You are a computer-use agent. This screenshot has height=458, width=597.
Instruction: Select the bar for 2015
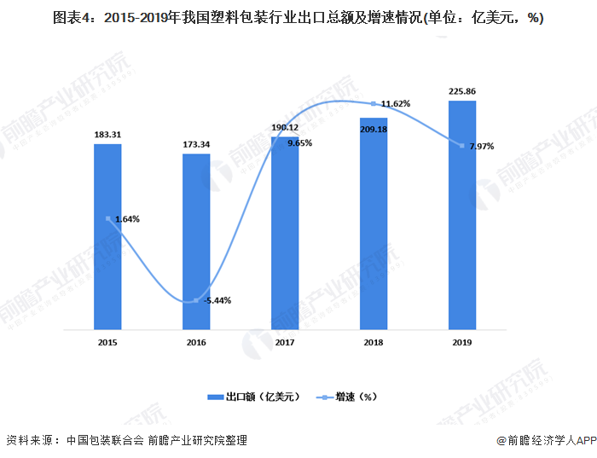click(107, 236)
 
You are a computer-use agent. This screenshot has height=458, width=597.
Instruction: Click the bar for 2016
click(196, 241)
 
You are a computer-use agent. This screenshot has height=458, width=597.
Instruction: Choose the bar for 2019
click(462, 214)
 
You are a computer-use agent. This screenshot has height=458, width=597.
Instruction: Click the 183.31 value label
click(107, 135)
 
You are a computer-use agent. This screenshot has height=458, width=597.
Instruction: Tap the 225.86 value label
click(462, 90)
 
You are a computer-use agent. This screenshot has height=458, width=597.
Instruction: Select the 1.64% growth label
click(125, 219)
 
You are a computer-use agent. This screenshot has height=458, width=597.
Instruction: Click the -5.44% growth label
click(217, 300)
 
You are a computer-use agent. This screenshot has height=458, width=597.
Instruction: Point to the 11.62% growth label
click(395, 104)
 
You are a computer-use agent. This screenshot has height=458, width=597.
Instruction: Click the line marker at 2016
click(196, 300)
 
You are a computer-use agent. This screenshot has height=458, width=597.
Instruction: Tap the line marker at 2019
click(462, 147)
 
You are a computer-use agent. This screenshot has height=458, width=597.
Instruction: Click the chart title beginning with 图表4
click(298, 18)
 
